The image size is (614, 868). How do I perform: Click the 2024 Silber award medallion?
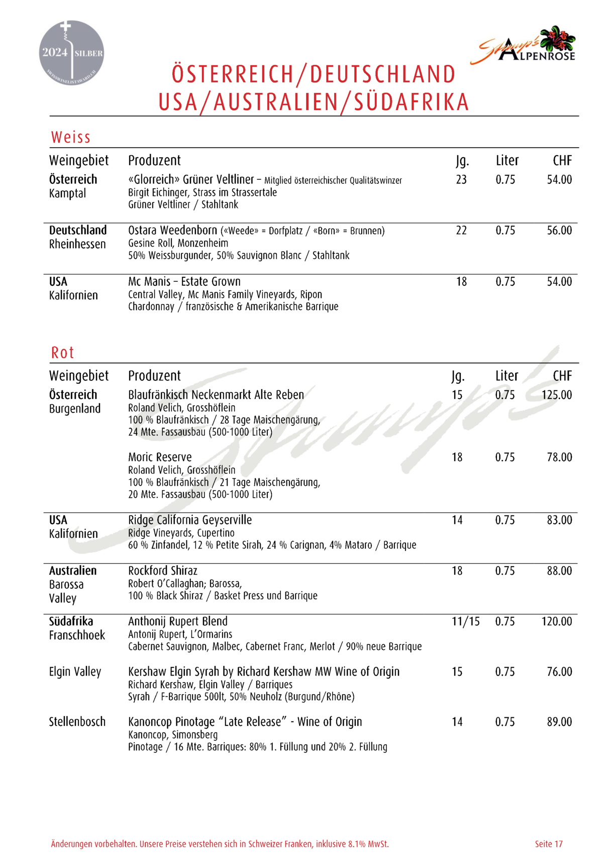[x=71, y=53]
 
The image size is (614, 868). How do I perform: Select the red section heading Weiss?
[x=71, y=137]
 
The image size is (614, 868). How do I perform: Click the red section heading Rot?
[x=62, y=353]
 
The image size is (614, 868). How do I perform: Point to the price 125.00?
[x=557, y=395]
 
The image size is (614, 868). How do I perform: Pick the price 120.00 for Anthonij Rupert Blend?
[x=557, y=621]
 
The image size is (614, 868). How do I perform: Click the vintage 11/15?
[x=466, y=621]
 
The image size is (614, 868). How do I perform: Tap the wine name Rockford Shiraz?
[x=163, y=571]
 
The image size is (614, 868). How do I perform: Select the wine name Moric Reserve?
[x=160, y=457]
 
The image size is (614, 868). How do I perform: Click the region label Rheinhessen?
[x=77, y=244]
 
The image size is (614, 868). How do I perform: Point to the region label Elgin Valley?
[x=75, y=672]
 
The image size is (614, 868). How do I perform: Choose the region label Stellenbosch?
[x=77, y=722]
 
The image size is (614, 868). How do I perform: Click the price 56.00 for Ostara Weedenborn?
[x=559, y=231]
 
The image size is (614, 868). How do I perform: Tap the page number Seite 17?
[x=549, y=844]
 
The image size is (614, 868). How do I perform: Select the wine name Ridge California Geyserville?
[x=190, y=520]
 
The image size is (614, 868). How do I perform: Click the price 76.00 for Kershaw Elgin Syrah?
[x=559, y=672]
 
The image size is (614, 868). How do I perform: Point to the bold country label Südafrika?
[x=71, y=621]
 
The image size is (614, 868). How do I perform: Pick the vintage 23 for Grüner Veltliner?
[x=461, y=179]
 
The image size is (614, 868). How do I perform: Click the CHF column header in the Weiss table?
[x=562, y=160]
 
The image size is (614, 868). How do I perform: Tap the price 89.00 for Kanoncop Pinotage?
[x=559, y=722]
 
